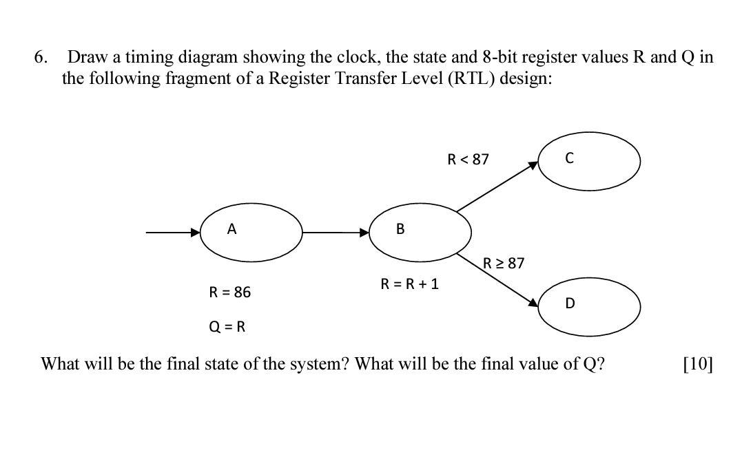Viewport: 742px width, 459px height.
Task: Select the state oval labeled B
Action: point(420,233)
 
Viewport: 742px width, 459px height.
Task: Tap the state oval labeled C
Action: point(588,161)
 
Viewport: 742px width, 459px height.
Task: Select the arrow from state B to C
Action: point(497,186)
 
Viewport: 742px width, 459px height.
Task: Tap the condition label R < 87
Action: point(468,160)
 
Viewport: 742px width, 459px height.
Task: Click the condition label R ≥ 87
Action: point(504,263)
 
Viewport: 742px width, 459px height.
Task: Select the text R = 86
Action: point(229,292)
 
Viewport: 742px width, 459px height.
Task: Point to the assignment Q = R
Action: point(227,326)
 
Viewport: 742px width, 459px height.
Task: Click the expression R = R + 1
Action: point(409,284)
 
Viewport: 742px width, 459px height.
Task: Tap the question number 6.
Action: point(41,57)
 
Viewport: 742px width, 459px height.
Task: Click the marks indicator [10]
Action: point(697,364)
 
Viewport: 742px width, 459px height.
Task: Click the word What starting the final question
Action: point(60,364)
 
